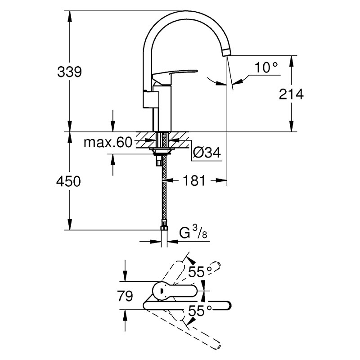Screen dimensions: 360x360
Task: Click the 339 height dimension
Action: coord(69,72)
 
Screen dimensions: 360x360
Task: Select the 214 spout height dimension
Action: coord(291,94)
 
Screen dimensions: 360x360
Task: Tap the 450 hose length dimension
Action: coord(68,181)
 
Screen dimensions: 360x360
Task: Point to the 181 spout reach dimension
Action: coord(194,180)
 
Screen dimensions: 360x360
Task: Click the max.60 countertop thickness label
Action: coord(108,142)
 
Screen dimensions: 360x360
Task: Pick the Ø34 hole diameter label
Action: coord(207,152)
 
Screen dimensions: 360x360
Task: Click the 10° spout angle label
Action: coord(266,67)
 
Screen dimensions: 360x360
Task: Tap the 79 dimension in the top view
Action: coord(125,296)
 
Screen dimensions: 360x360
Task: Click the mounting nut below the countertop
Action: coord(162,150)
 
